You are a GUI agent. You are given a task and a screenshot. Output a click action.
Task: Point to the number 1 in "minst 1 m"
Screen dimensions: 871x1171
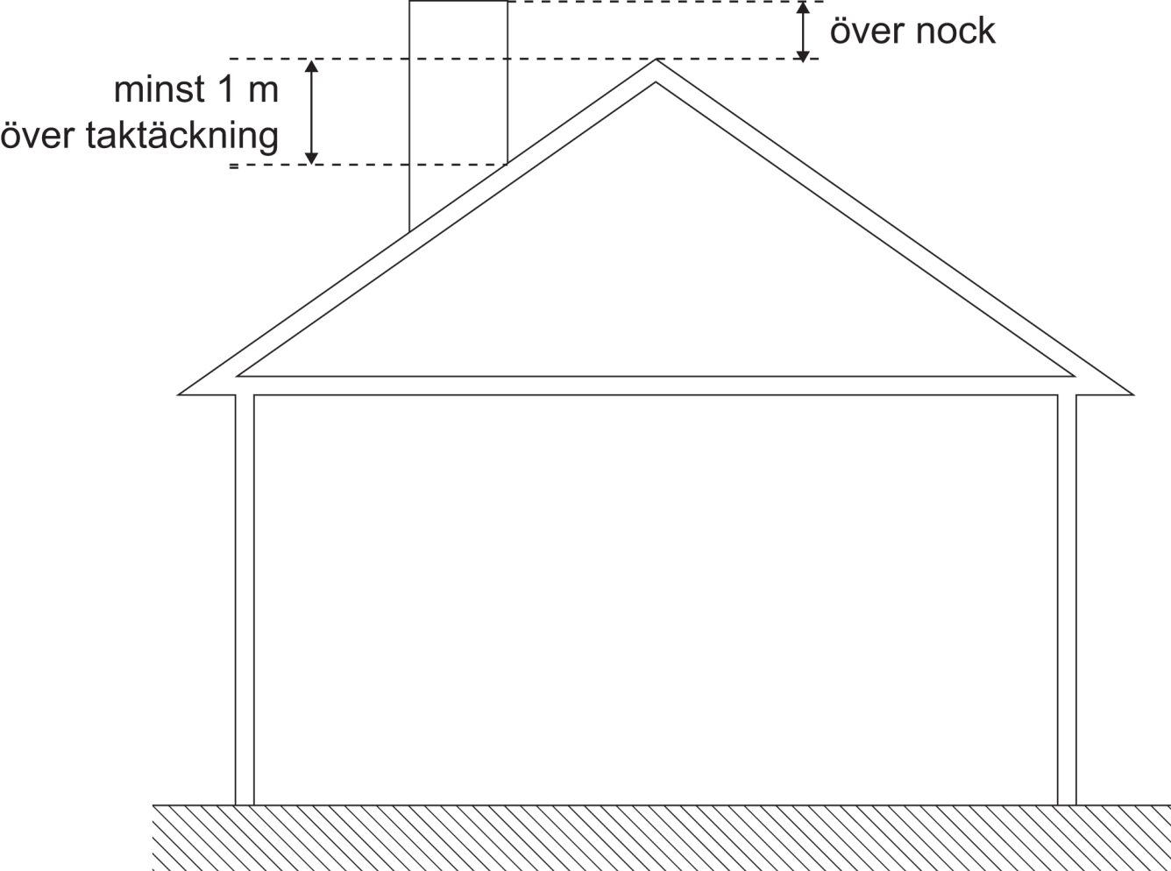(x=220, y=89)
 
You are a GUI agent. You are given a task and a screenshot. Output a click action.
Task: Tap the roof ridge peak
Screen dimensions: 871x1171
(x=656, y=60)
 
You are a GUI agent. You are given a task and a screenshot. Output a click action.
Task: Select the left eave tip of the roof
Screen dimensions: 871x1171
(x=181, y=393)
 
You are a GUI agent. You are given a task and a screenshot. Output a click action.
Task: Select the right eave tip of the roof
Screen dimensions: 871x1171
(x=1132, y=393)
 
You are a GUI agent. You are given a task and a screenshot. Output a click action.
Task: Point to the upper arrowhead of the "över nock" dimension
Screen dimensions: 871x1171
(x=803, y=8)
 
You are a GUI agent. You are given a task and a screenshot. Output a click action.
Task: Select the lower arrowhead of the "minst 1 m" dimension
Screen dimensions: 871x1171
(x=310, y=158)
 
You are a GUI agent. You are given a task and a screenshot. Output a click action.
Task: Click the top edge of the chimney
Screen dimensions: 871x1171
(x=458, y=2)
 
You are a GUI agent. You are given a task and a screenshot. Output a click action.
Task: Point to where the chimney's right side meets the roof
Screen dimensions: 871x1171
(x=507, y=164)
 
